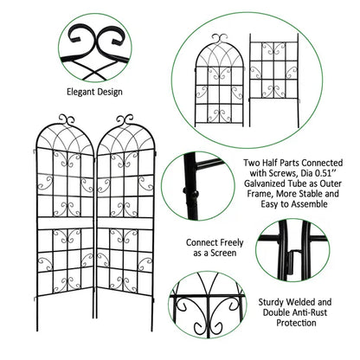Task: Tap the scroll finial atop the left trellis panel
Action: [x=69, y=118]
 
